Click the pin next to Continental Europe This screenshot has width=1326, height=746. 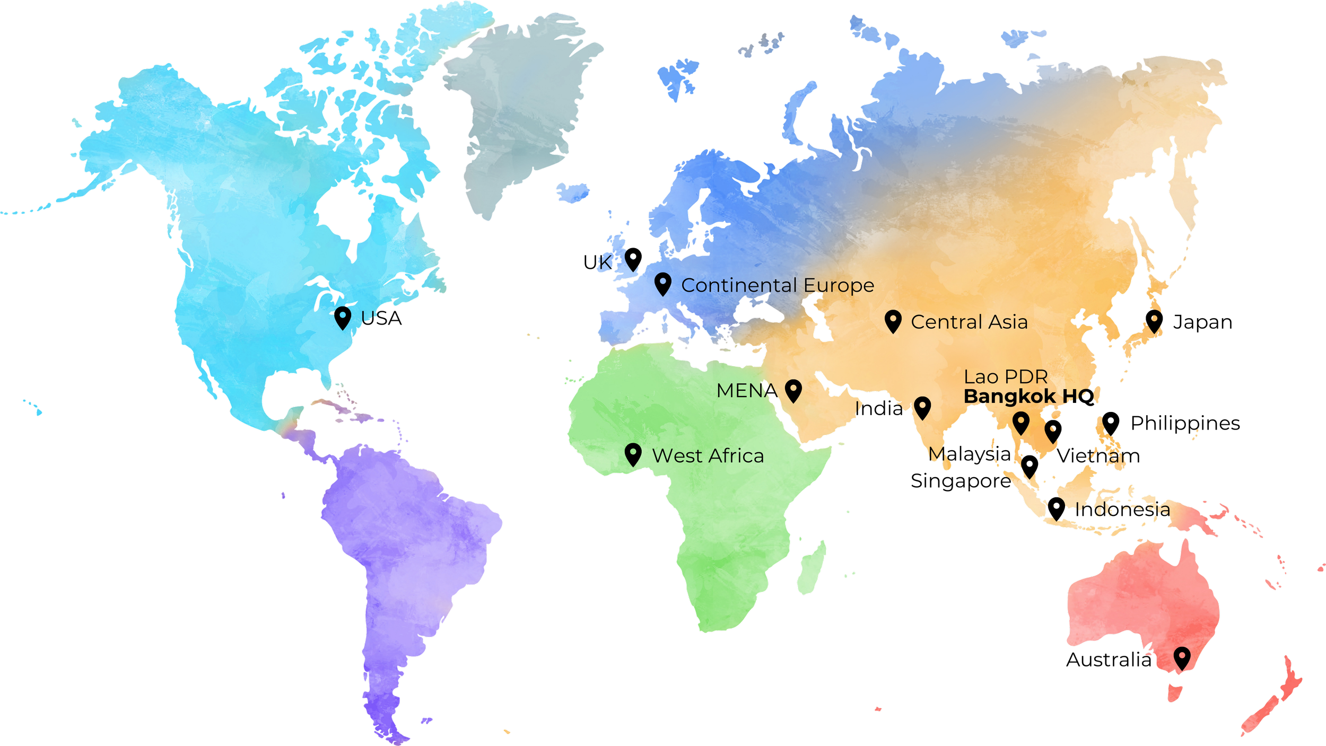662,283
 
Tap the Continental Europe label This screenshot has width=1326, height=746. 778,285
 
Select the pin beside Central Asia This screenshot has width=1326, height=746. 893,320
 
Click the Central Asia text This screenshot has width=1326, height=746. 969,322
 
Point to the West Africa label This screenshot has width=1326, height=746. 708,456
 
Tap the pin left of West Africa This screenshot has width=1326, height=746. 633,453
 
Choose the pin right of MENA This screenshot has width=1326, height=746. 793,390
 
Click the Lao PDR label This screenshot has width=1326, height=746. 1006,377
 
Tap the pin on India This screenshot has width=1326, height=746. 922,407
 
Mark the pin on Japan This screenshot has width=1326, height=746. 1155,321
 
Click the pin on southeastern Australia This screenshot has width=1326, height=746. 1182,658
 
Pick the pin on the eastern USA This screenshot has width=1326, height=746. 343,317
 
